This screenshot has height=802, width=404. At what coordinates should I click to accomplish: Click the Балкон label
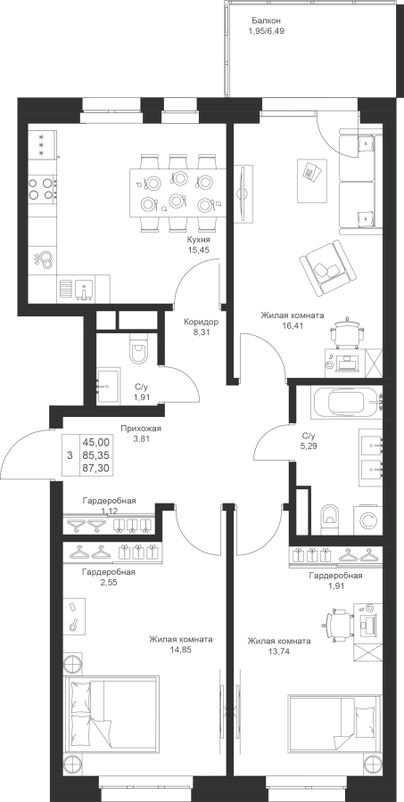[266, 20]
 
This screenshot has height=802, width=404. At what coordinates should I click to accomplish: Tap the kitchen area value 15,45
[200, 250]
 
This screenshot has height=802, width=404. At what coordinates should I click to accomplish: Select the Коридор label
[202, 323]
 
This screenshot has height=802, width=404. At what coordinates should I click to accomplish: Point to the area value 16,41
[292, 324]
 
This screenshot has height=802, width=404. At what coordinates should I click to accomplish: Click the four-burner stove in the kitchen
[42, 188]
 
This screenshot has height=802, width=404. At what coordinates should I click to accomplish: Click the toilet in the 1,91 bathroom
[138, 351]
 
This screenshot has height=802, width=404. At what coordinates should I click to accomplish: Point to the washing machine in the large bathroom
[368, 520]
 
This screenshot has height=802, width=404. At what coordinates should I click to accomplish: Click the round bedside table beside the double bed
[73, 662]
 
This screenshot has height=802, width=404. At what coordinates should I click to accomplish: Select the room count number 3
[70, 454]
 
